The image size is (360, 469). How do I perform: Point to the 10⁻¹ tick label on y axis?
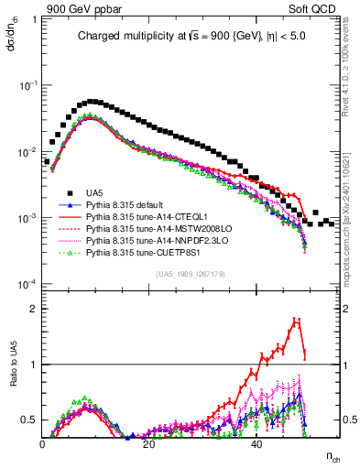click(x=28, y=84)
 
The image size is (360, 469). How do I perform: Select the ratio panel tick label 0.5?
click(x=30, y=420)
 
